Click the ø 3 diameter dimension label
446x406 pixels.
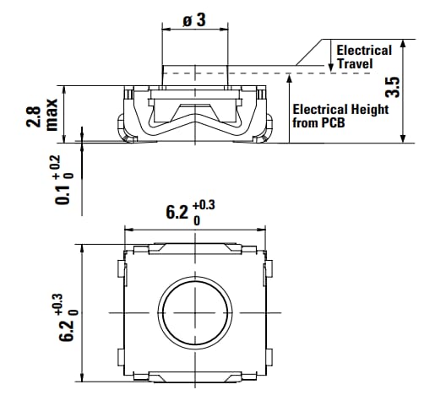pos(193,19)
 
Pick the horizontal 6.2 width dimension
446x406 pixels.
pos(176,212)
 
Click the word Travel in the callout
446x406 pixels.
pos(356,63)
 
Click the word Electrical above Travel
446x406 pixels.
pos(364,50)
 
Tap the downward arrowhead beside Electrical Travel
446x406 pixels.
pos(330,66)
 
